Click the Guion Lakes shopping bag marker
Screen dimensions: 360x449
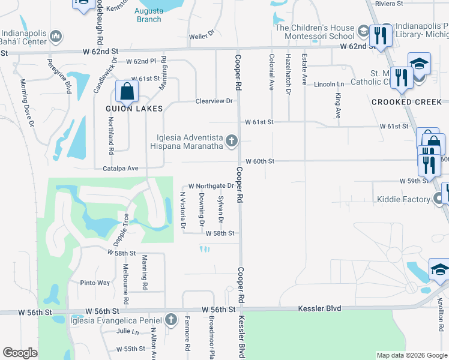click(127, 92)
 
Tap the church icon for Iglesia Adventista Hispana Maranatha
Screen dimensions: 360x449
click(231, 142)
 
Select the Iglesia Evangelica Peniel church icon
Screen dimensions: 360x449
click(171, 319)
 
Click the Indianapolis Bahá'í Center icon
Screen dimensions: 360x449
click(56, 37)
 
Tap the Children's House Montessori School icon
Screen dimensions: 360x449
click(363, 30)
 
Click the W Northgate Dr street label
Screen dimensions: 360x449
click(211, 186)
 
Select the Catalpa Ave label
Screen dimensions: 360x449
click(120, 169)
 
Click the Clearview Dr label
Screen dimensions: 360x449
click(214, 101)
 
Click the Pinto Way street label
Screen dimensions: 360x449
click(95, 283)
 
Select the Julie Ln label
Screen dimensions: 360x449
click(127, 331)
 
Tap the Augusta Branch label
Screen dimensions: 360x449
click(149, 15)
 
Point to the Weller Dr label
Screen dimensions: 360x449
click(202, 36)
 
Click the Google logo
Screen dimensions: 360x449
click(20, 353)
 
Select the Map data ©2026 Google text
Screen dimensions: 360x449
click(411, 355)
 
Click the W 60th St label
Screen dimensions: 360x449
click(260, 161)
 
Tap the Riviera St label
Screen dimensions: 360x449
click(389, 4)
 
